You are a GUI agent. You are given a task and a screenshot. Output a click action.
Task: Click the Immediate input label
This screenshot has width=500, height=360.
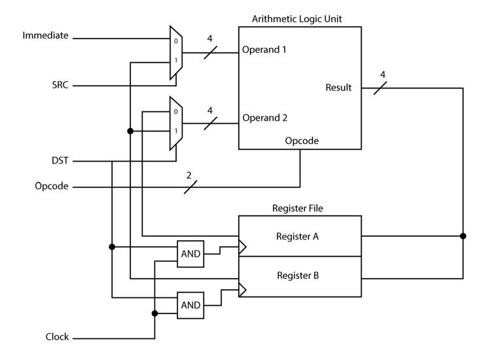[x=45, y=35]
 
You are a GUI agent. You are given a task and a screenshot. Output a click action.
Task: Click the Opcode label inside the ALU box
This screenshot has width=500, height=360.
[x=302, y=141]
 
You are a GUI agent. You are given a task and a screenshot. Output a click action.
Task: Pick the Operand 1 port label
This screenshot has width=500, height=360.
[x=264, y=50]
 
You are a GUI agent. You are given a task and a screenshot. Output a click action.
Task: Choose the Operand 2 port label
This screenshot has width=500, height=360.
[x=264, y=118]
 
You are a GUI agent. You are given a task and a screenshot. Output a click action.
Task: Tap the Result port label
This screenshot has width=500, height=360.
[x=338, y=88]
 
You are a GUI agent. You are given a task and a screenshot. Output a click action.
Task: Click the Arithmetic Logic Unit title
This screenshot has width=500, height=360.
[x=297, y=18]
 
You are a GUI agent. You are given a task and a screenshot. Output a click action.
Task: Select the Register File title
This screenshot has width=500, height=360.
[x=298, y=208]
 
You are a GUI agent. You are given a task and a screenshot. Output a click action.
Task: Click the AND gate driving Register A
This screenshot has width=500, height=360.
[x=190, y=254]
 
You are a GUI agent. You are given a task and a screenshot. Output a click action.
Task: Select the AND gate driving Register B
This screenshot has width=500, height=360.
[x=190, y=305]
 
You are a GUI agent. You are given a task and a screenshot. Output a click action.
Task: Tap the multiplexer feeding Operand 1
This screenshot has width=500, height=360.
[x=176, y=52]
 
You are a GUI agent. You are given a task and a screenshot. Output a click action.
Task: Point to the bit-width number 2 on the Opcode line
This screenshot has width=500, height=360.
[x=189, y=175]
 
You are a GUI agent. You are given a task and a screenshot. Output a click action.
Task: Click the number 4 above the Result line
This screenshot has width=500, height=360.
[x=383, y=75]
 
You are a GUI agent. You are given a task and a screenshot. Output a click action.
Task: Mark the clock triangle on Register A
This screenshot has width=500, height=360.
[x=242, y=247]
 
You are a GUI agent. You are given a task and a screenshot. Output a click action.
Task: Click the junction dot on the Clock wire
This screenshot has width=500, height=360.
[x=155, y=314]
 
